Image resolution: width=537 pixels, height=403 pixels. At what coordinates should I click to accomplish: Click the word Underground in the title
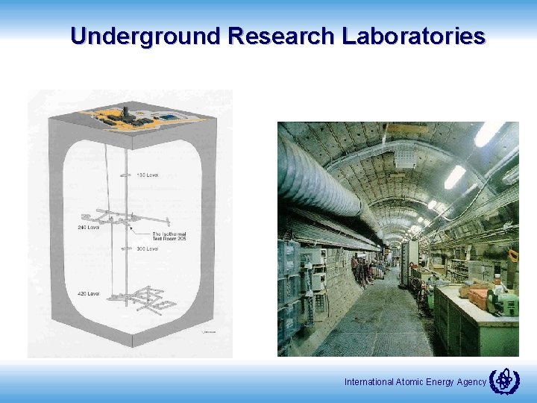tap(145, 36)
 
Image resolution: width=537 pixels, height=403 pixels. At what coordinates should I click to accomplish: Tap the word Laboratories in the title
tap(414, 36)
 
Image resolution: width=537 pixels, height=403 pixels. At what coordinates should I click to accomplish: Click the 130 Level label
tap(147, 175)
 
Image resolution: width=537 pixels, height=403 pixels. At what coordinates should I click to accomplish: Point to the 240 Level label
tap(88, 227)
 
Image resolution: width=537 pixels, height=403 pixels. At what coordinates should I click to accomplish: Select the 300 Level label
tap(147, 249)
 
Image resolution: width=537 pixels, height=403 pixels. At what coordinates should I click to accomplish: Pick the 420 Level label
tap(88, 294)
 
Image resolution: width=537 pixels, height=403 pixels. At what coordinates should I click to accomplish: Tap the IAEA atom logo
tap(503, 381)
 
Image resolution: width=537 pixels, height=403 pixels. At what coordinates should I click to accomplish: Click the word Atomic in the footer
tap(409, 382)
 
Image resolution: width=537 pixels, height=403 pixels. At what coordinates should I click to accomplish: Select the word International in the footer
tap(368, 382)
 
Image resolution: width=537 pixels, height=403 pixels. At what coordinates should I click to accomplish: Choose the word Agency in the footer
tap(471, 382)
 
